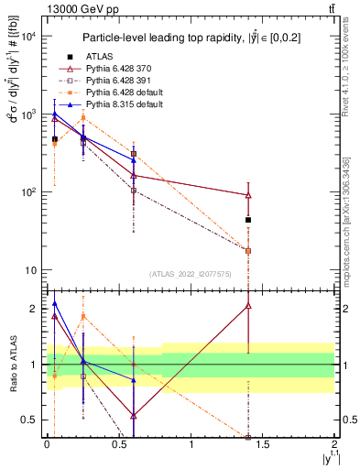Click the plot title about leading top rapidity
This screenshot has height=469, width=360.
pyautogui.click(x=190, y=38)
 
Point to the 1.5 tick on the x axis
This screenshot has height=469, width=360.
pyautogui.click(x=263, y=453)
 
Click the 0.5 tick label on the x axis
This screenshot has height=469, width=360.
pyautogui.click(x=118, y=453)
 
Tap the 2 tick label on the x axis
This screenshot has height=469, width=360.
pyautogui.click(x=334, y=453)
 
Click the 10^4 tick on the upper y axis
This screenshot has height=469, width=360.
pyautogui.click(x=28, y=37)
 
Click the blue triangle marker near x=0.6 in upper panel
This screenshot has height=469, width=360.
pyautogui.click(x=134, y=159)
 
